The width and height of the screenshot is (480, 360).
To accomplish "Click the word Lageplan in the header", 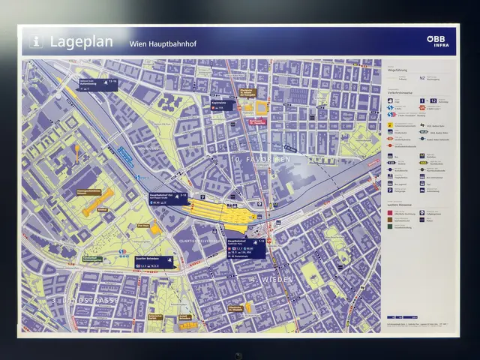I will pos(82,42).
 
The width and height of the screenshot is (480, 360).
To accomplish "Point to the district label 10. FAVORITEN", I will pos(260,160).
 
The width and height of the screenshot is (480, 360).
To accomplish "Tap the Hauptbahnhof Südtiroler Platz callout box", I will pos(247,247).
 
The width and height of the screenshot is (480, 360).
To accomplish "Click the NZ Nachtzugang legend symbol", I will pos(424,77).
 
